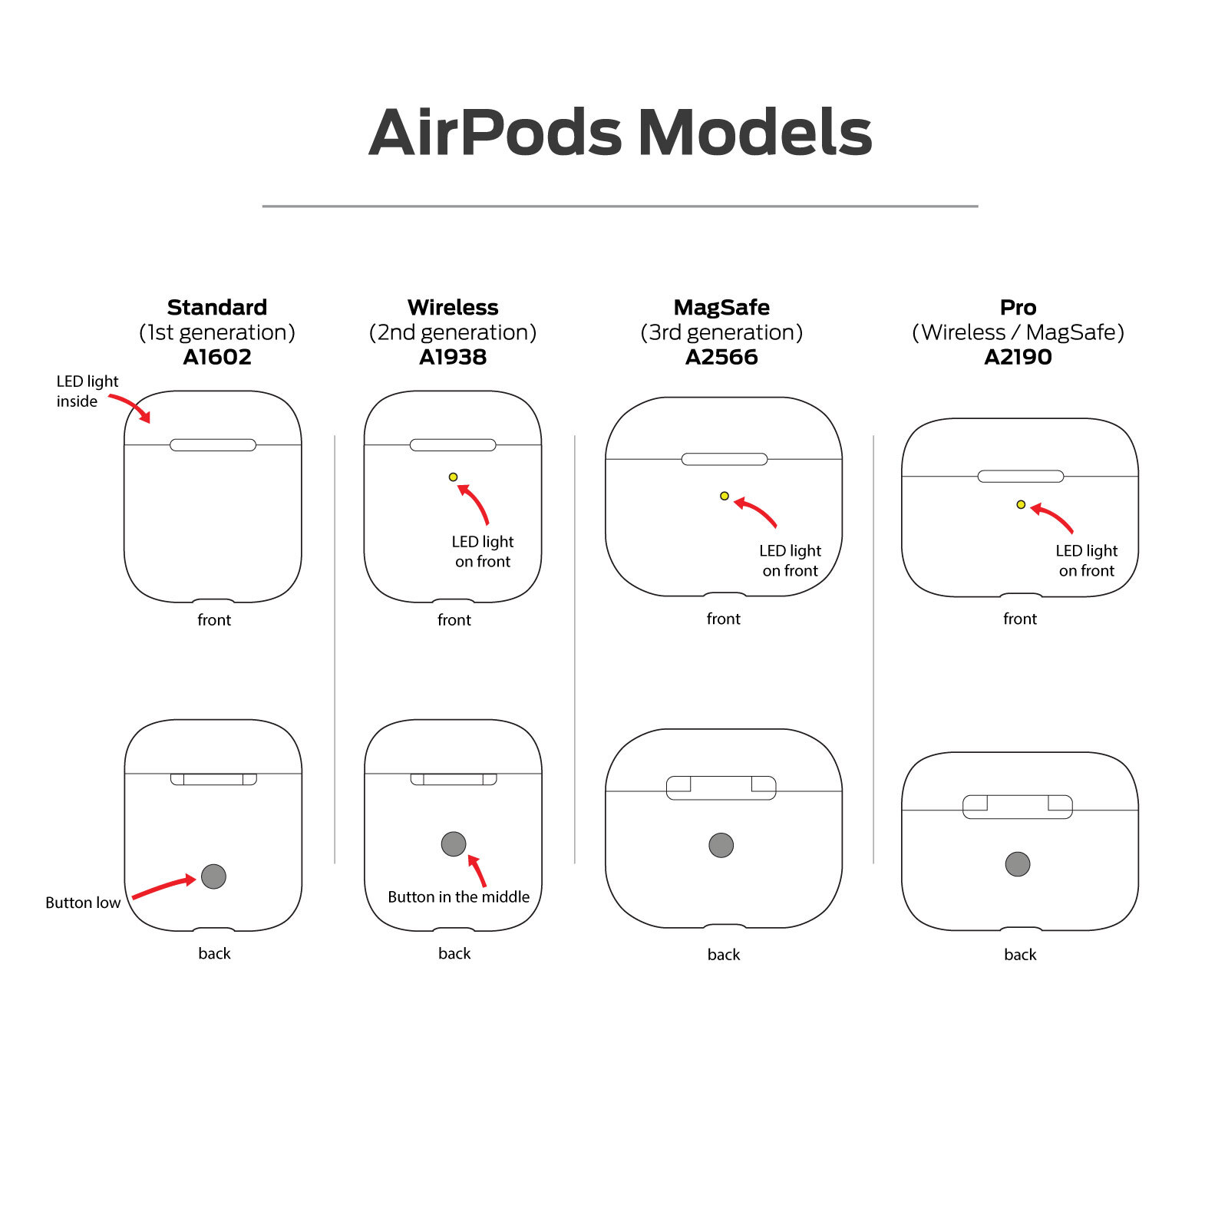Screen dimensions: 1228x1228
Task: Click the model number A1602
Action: point(217,357)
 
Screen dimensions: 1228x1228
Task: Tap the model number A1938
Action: point(453,357)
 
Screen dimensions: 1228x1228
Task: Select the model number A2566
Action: point(721,357)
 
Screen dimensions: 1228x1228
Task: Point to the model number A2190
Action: point(1018,357)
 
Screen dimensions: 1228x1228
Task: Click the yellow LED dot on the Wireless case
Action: point(453,477)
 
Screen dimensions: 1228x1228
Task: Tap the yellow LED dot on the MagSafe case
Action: point(724,496)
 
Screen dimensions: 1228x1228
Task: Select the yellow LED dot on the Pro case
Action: point(1021,504)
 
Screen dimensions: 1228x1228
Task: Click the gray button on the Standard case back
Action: point(213,876)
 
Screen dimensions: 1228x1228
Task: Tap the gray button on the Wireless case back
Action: point(454,843)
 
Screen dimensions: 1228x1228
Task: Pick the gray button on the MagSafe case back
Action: point(721,845)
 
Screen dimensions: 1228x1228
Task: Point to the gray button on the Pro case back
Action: point(1018,864)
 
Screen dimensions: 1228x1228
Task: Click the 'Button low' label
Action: point(83,903)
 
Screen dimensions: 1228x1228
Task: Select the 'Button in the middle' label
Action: point(458,896)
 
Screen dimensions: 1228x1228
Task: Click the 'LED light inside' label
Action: point(86,391)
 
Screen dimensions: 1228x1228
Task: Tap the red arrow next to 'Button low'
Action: point(163,888)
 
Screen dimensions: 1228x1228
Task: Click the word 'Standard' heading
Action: point(217,307)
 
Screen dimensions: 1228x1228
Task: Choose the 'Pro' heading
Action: point(1018,307)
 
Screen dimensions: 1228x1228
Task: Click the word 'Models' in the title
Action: point(755,133)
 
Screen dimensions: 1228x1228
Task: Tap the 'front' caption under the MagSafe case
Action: point(723,619)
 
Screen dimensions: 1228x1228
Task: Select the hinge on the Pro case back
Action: point(1018,807)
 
